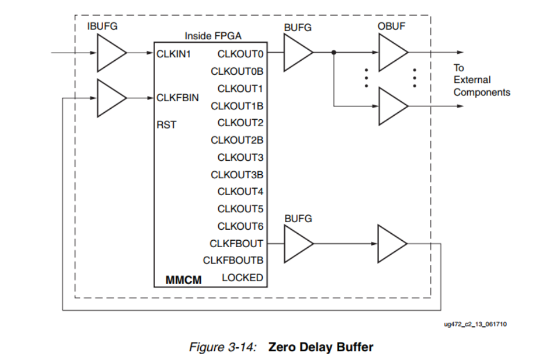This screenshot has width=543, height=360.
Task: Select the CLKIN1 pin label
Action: click(x=174, y=54)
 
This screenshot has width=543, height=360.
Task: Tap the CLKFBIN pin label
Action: click(x=178, y=98)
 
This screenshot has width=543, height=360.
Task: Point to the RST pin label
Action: click(x=167, y=124)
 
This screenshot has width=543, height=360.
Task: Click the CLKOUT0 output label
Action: click(x=240, y=54)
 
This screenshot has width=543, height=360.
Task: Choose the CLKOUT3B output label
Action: click(x=237, y=175)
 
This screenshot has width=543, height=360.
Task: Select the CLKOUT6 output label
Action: click(x=240, y=226)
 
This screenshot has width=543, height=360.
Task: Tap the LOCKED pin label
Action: click(x=242, y=278)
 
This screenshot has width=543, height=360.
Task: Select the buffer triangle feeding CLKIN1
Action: click(x=111, y=53)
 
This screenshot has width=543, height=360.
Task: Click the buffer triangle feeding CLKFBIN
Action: click(x=111, y=97)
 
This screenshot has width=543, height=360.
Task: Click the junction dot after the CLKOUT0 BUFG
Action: click(x=334, y=53)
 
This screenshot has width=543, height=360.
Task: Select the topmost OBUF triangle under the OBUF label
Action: click(x=392, y=53)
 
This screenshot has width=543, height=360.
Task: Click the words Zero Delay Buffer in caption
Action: click(x=321, y=347)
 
